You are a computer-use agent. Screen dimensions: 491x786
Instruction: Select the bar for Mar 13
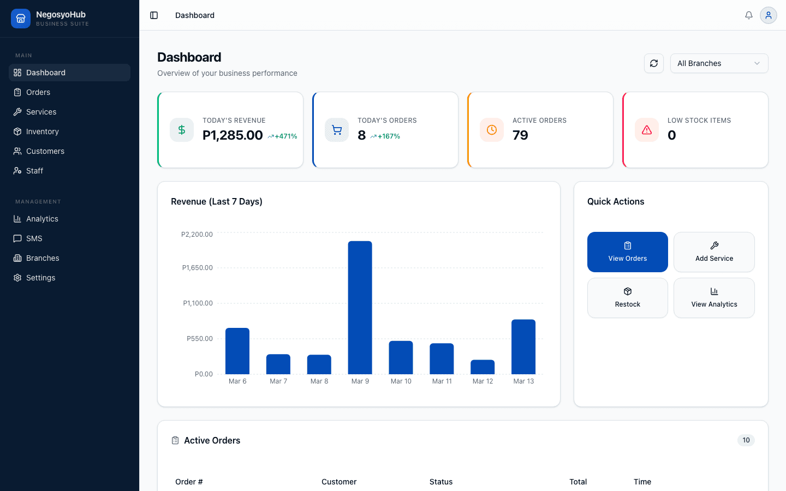(x=523, y=346)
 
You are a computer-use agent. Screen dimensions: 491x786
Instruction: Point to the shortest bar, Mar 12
(x=483, y=367)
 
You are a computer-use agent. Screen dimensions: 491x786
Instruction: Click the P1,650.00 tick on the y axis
(x=198, y=268)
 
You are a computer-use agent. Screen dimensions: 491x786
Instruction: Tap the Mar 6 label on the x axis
(x=237, y=381)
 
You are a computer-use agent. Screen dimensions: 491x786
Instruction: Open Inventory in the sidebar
(x=42, y=131)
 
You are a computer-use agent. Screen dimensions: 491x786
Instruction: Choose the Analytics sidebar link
(x=42, y=219)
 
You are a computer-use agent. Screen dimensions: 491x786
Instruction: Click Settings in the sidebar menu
(x=40, y=278)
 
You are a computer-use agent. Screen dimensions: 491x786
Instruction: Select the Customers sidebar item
(x=45, y=151)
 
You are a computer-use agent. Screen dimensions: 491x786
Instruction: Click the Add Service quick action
(x=714, y=252)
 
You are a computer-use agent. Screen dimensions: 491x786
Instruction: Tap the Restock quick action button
(x=627, y=298)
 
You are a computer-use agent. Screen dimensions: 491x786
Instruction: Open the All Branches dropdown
(x=719, y=63)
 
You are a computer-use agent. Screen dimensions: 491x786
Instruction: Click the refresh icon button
(x=654, y=63)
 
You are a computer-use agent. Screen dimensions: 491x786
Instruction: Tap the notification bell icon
(x=749, y=15)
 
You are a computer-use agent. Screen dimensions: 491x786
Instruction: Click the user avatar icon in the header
(x=768, y=15)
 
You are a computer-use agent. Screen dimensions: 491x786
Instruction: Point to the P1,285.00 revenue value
(x=233, y=135)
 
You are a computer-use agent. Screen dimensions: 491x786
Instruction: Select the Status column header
(x=441, y=482)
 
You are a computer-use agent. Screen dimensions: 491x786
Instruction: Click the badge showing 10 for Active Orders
(x=746, y=440)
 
